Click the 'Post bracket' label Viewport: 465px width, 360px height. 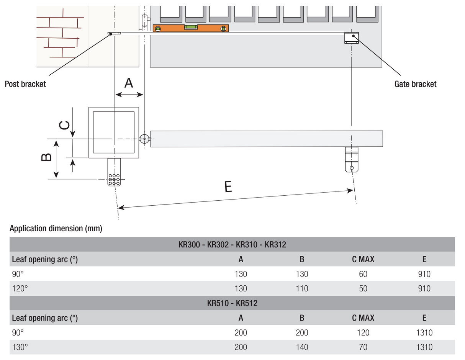[x=25, y=84]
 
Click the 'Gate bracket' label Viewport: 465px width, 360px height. [x=415, y=84]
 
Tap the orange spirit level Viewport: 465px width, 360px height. [x=190, y=28]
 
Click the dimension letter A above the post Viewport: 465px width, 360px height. [x=129, y=82]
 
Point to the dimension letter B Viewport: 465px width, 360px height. [x=46, y=157]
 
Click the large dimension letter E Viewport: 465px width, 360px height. [x=228, y=187]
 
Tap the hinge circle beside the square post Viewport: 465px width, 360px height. [x=144, y=139]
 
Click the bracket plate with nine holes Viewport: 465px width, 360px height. [x=114, y=179]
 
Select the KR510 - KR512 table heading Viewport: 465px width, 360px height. [x=232, y=303]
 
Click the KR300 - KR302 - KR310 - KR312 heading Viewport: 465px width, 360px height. [x=232, y=244]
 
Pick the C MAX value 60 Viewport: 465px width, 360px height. [x=363, y=274]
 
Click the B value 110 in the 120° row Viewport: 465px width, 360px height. [x=302, y=289]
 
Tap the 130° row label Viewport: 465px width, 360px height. [x=20, y=347]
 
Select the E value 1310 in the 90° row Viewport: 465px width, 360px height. [x=424, y=332]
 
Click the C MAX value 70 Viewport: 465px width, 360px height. [x=363, y=347]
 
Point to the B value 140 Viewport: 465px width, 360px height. [x=302, y=347]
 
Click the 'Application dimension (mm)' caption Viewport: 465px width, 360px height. [x=56, y=229]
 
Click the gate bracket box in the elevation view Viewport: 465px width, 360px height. [x=352, y=38]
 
